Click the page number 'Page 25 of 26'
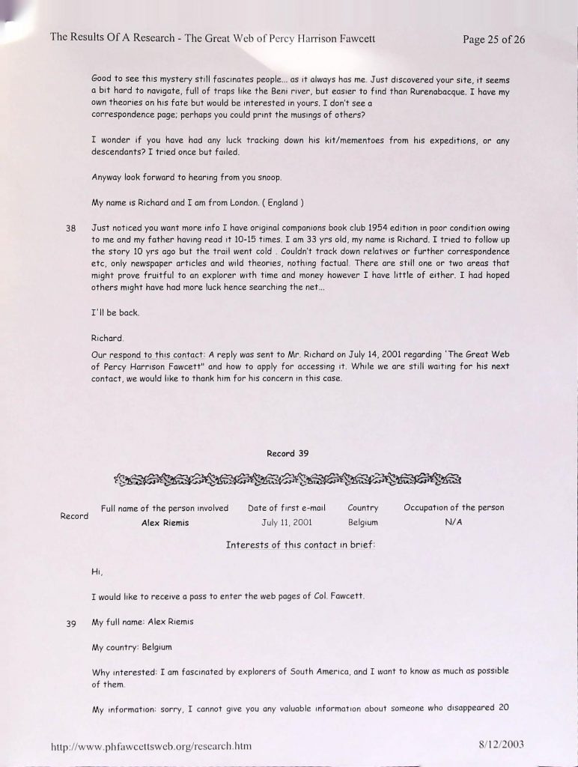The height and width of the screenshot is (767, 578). point(493,39)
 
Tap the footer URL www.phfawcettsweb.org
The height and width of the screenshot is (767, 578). point(150,746)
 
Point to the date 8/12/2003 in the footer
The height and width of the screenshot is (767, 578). point(501,745)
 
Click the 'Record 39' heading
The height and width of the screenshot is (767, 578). point(288,453)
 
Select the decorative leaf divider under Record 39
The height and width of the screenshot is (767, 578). point(288,478)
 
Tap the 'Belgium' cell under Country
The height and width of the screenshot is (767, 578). point(363,522)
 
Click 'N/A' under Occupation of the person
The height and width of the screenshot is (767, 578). point(454,522)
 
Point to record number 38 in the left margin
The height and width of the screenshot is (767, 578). point(72,227)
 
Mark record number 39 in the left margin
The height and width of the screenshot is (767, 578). point(72,623)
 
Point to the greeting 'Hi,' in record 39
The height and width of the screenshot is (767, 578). point(97,574)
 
